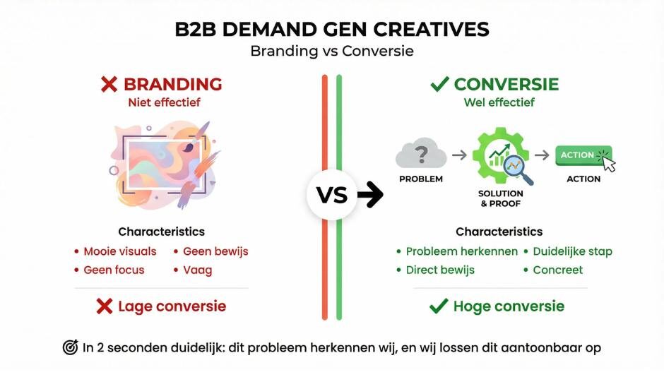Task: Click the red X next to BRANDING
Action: (x=109, y=85)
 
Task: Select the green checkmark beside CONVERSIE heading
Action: (x=439, y=85)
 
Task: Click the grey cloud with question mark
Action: (x=420, y=153)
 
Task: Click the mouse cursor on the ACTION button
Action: (x=608, y=164)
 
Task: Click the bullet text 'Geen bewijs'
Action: (x=215, y=251)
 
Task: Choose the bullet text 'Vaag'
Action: (x=197, y=270)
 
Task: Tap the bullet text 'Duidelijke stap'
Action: (x=572, y=251)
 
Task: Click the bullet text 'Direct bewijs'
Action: (x=440, y=270)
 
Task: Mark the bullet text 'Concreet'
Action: (x=557, y=270)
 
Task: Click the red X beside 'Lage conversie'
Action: (x=105, y=306)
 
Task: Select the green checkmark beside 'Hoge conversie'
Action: (x=439, y=306)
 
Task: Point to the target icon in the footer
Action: (x=70, y=347)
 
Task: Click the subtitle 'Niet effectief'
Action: (x=164, y=102)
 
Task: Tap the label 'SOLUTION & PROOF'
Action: (x=501, y=198)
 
